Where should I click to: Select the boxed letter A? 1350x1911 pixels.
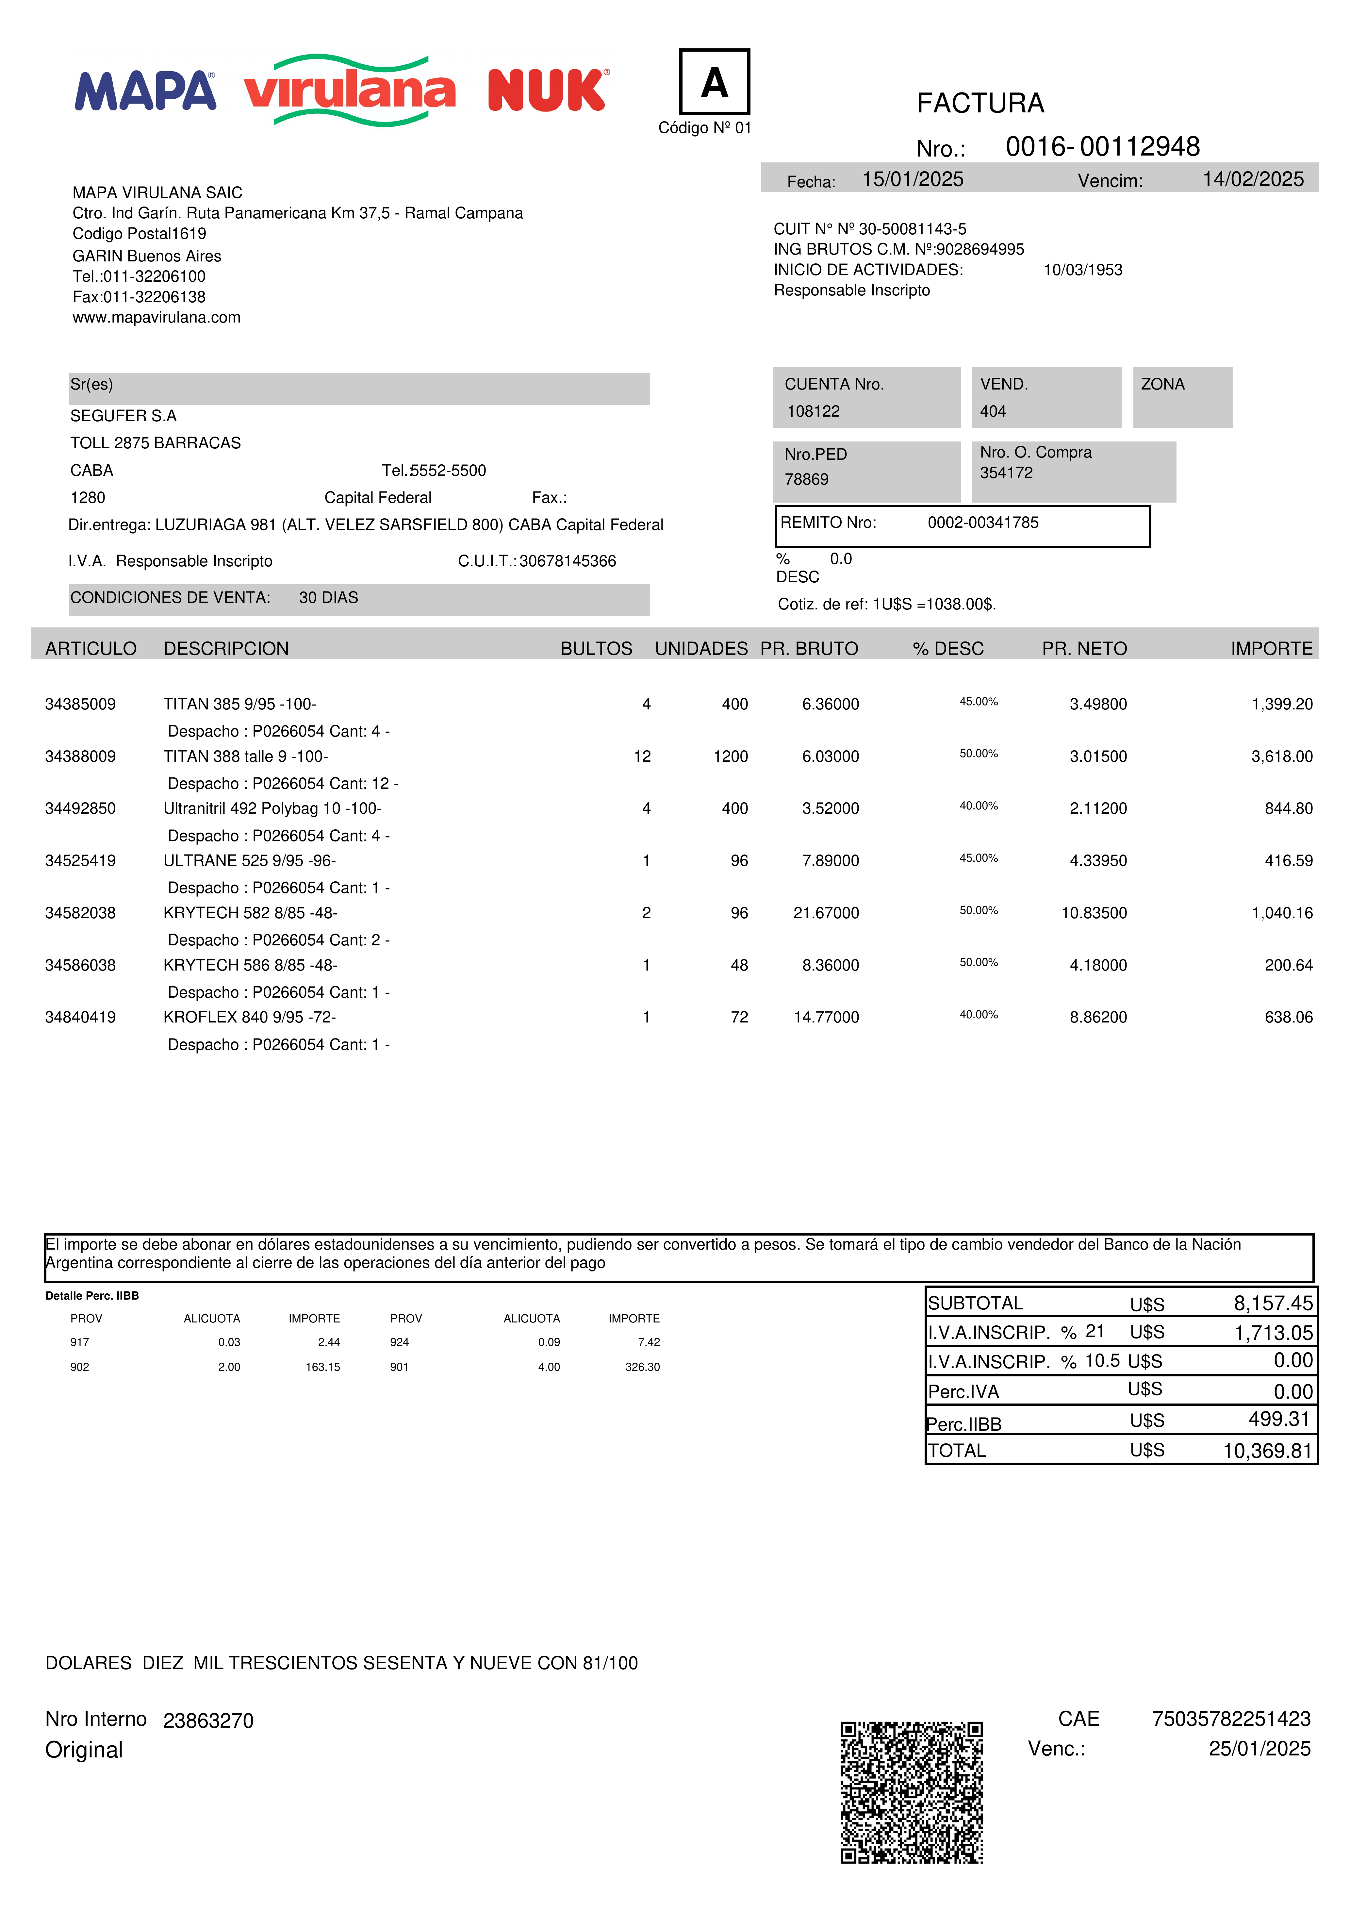[x=714, y=82]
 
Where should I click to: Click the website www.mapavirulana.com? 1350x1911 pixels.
[x=156, y=317]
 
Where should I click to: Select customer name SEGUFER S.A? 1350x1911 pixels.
[x=123, y=415]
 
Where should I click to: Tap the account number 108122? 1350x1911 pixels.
[x=813, y=411]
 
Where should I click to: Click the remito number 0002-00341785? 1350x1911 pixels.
[x=983, y=523]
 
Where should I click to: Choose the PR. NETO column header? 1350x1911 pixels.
[x=1084, y=648]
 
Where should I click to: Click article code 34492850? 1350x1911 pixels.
[x=81, y=808]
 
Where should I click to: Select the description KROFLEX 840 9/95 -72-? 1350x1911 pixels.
[x=250, y=1017]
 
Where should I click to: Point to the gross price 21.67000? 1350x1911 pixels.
[x=826, y=913]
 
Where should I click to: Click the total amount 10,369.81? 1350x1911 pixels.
[x=1267, y=1451]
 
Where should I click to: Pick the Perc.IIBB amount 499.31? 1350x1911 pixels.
[x=1279, y=1419]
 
